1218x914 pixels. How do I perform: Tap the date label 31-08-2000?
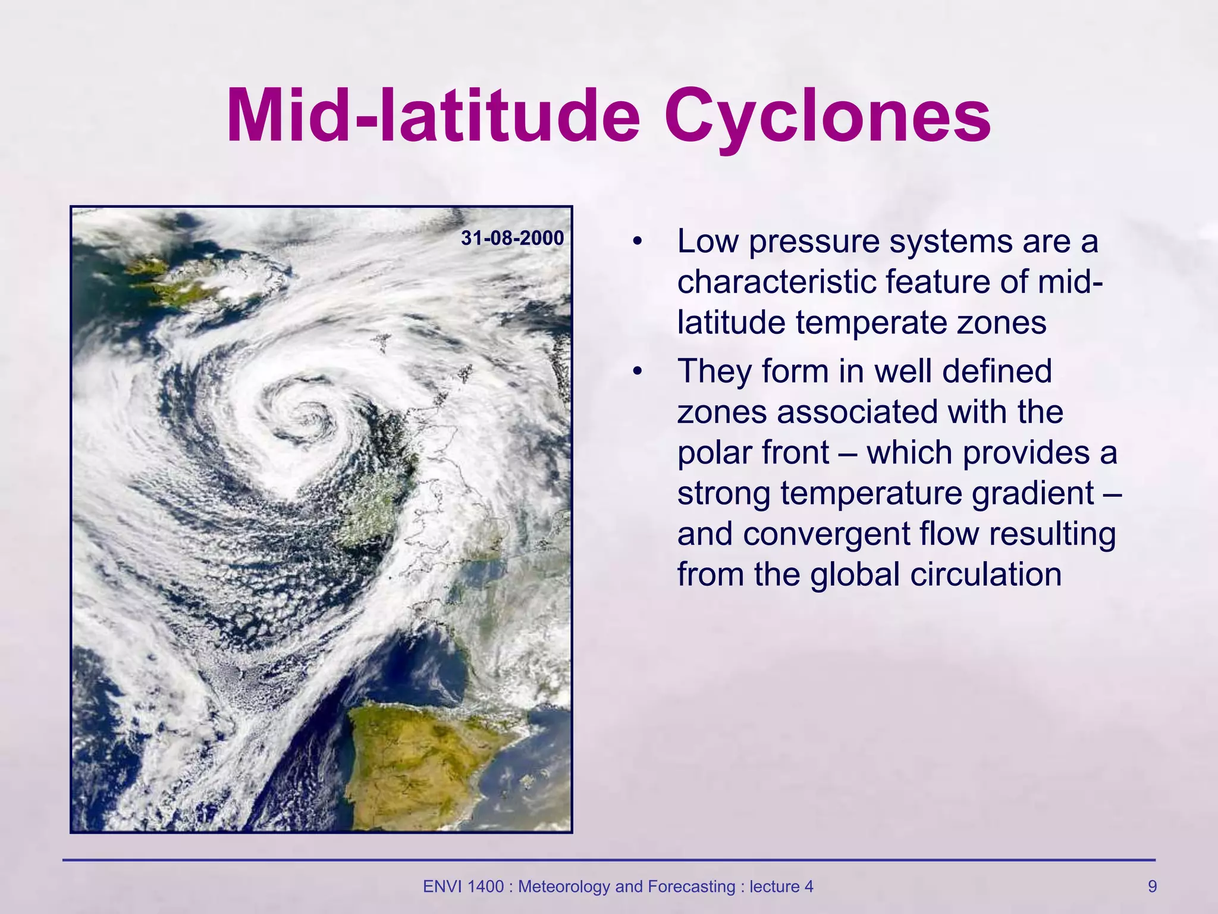[x=512, y=238]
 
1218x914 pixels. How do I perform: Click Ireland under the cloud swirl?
[x=375, y=506]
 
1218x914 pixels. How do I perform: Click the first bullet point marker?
[x=638, y=242]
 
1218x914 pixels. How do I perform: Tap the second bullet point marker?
[x=638, y=372]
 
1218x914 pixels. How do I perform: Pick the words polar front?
[x=752, y=453]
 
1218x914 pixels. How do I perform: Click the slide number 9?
[x=1152, y=887]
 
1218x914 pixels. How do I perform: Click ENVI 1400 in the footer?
[x=462, y=887]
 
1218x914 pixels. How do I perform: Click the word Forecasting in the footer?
[x=692, y=887]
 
